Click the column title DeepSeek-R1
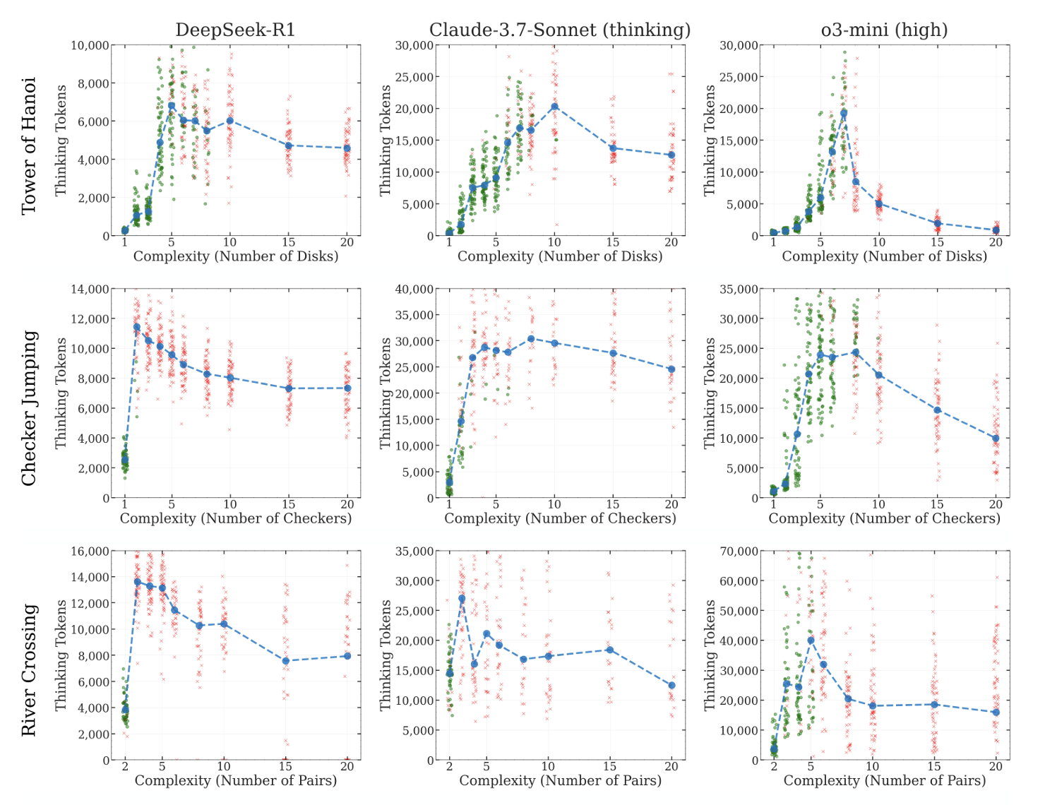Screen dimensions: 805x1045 pos(235,30)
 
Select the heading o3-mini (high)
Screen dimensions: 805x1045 pos(884,30)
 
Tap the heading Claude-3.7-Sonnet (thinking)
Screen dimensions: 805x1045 pos(560,30)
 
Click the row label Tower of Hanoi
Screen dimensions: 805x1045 pos(28,146)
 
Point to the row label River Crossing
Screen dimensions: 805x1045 pos(28,670)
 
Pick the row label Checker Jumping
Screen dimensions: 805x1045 pos(28,408)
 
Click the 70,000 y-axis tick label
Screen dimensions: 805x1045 pos(739,551)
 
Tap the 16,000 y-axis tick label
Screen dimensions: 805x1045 pos(91,551)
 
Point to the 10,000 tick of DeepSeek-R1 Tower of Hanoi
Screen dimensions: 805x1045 pos(91,45)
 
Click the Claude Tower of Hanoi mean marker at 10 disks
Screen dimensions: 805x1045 pos(554,107)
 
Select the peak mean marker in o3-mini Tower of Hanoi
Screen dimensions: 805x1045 pos(843,113)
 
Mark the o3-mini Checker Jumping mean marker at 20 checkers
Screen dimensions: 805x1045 pos(996,439)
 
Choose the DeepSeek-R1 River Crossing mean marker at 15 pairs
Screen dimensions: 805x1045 pos(285,661)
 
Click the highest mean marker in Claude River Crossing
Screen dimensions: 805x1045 pos(462,599)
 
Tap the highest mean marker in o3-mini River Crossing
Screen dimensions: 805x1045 pos(811,640)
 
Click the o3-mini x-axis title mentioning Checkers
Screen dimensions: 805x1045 pos(884,518)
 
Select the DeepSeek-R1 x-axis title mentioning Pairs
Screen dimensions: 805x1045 pos(235,780)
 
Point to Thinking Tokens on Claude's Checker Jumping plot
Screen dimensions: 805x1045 pos(386,393)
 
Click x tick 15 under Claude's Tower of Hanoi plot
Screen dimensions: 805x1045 pos(613,242)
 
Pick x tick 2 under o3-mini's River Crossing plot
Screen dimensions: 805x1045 pos(774,767)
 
